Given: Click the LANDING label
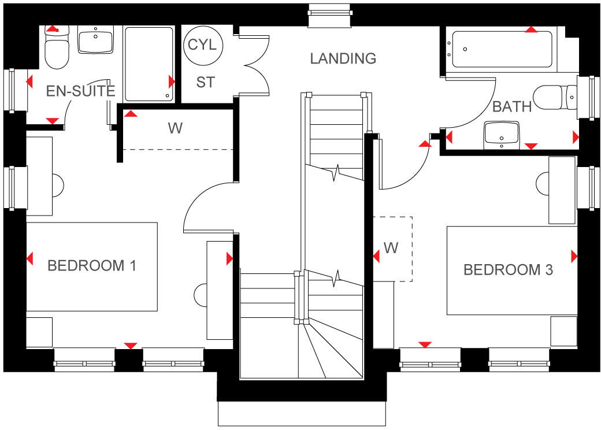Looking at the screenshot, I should [x=343, y=58].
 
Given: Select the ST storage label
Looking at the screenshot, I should [x=205, y=83].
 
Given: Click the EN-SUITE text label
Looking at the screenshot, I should [x=80, y=91].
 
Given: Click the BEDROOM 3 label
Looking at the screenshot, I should [x=509, y=270].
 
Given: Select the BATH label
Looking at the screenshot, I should [x=512, y=107].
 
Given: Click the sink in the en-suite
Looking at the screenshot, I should [x=95, y=41].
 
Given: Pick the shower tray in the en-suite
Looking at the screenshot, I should [x=149, y=63].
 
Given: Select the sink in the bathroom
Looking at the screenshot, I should [x=502, y=134].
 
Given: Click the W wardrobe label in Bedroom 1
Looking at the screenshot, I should [x=175, y=128].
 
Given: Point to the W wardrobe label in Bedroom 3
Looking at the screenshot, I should [x=391, y=249].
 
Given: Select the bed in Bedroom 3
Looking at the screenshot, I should [x=511, y=270].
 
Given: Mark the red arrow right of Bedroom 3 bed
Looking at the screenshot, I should [x=574, y=255].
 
